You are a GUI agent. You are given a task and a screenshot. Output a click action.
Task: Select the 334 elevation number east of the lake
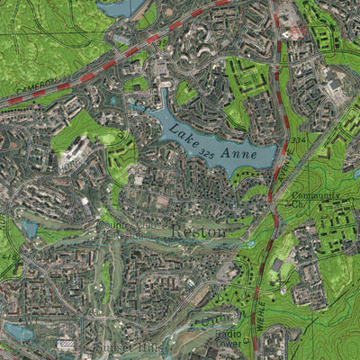tap(299, 140)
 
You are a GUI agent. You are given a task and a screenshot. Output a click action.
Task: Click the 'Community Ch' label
tap(316, 200)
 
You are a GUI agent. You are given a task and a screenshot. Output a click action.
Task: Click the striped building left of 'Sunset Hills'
tap(66, 344)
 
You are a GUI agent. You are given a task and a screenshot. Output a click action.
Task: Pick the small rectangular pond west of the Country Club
tap(30, 229)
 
